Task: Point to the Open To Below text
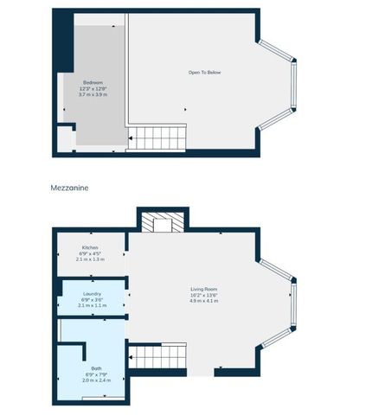(205, 72)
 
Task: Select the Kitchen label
(90, 246)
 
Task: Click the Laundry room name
(92, 294)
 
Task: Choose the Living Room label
(204, 288)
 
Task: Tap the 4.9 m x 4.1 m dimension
(205, 300)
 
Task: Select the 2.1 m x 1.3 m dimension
(91, 259)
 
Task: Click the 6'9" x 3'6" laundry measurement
(92, 300)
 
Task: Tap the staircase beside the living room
(157, 356)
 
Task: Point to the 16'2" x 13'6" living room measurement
(204, 294)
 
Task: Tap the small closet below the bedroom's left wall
(64, 139)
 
